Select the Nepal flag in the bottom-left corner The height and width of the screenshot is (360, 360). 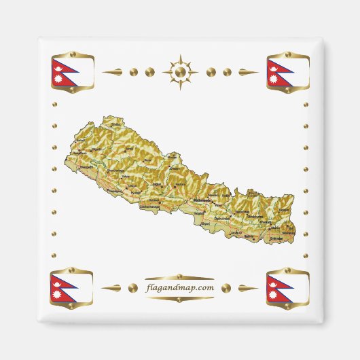click(x=71, y=288)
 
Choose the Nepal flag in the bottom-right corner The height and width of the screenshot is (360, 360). click(x=288, y=288)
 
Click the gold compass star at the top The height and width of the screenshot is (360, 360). click(x=180, y=71)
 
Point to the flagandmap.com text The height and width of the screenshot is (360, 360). click(x=180, y=287)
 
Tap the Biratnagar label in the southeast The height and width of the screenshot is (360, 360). click(x=277, y=238)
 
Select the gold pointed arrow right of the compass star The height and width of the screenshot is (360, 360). click(x=246, y=71)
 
